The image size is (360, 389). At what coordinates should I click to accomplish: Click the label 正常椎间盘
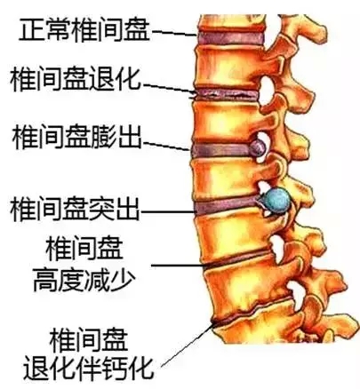(84, 30)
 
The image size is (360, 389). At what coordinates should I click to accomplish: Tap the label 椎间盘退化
(76, 79)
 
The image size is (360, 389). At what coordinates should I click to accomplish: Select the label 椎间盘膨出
(76, 138)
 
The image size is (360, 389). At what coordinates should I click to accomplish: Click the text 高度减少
(84, 280)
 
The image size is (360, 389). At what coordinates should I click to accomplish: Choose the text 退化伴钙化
(89, 368)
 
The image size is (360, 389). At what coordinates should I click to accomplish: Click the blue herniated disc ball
(277, 199)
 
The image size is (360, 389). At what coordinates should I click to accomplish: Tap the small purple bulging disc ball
(257, 147)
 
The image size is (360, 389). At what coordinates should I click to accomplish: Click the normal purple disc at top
(231, 38)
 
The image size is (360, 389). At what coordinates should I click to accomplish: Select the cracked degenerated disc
(226, 95)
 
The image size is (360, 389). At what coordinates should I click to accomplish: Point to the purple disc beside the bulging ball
(220, 150)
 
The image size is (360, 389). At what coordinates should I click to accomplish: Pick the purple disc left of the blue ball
(227, 206)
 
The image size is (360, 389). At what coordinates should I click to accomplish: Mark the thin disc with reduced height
(238, 259)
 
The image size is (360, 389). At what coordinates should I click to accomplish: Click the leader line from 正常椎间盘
(174, 33)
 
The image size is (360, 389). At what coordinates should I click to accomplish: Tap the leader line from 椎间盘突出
(168, 212)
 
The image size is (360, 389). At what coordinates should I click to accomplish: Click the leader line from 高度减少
(178, 265)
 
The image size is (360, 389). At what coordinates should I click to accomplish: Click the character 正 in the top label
(32, 30)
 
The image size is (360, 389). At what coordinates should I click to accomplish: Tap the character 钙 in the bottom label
(114, 368)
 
